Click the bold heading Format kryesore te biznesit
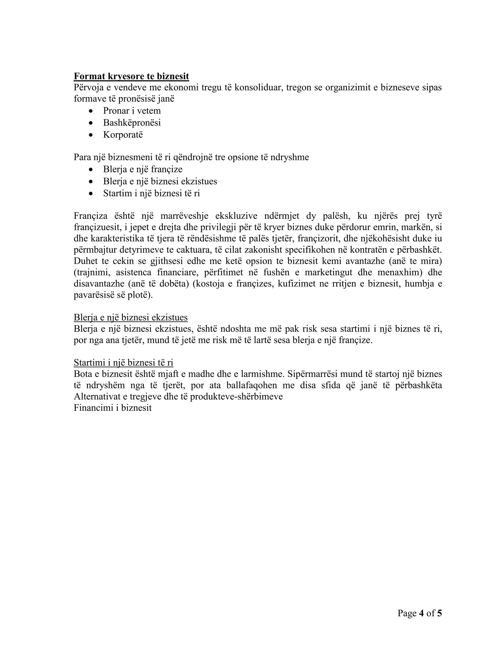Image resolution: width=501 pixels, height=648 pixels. click(131, 76)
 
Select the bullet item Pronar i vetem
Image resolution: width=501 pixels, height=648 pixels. click(132, 111)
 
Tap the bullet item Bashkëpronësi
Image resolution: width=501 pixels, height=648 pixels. click(132, 123)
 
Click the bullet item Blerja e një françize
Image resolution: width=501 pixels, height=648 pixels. click(143, 169)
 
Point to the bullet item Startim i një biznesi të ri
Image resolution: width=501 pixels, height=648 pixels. click(151, 193)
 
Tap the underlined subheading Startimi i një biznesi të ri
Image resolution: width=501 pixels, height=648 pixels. click(124, 363)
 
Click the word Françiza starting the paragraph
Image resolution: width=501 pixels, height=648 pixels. click(91, 216)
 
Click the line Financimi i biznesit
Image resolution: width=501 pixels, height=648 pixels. click(113, 408)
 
